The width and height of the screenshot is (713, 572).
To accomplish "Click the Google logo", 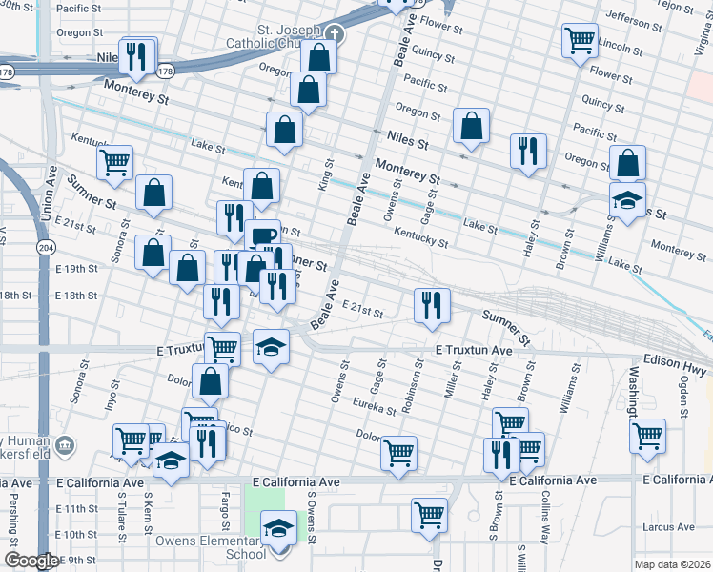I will [x=31, y=561].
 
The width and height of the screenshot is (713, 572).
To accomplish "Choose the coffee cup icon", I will [x=262, y=235].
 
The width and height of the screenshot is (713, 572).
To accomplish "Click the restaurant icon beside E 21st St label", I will [x=432, y=304].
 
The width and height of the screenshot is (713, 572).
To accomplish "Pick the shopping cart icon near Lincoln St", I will [x=580, y=40].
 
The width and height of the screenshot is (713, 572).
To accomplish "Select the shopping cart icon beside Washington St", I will [x=648, y=435].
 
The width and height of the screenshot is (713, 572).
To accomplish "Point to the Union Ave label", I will [x=49, y=194].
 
